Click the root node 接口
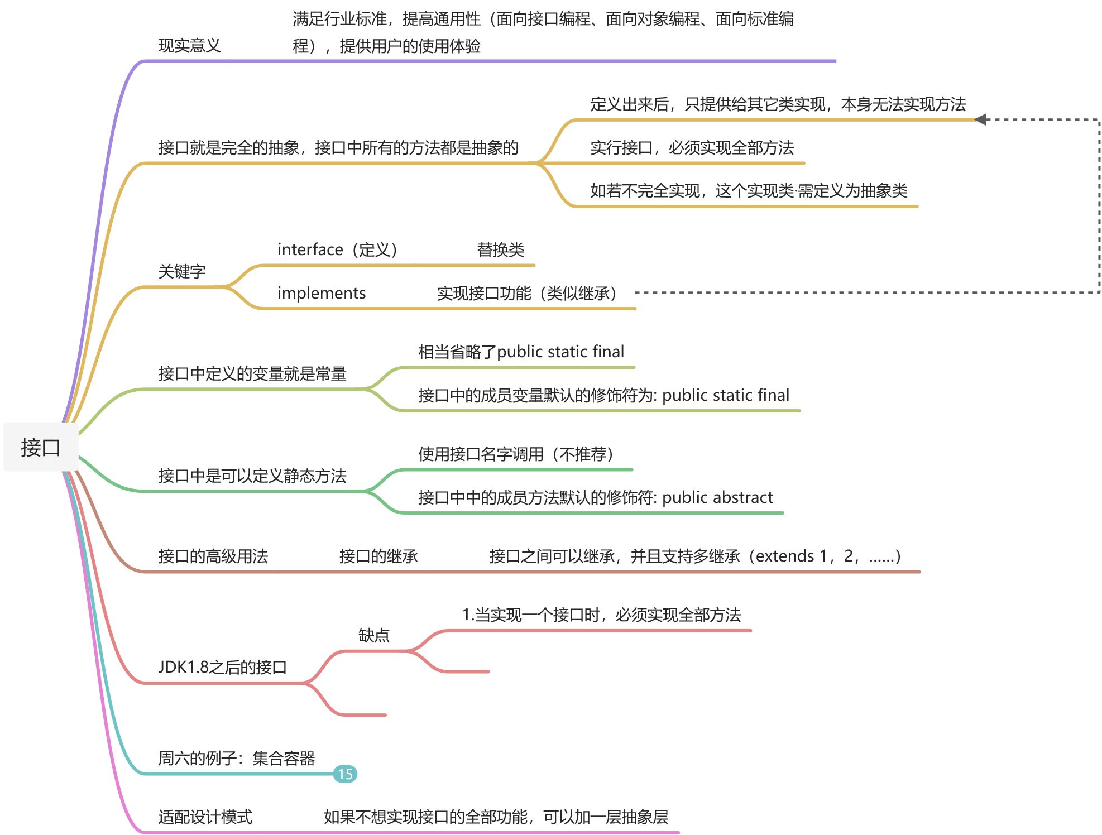[40, 447]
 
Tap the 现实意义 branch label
[189, 46]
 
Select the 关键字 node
[182, 272]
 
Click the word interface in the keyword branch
[310, 249]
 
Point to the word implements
[321, 293]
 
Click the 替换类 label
[500, 249]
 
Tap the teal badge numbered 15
[345, 774]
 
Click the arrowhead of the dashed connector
[980, 119]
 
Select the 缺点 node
[373, 635]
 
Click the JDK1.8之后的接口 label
[222, 667]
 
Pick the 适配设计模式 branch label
[205, 817]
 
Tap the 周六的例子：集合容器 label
[236, 758]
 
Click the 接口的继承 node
[378, 556]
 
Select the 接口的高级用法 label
[213, 556]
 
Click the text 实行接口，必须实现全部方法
[692, 148]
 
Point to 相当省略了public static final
[521, 352]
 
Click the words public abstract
[717, 497]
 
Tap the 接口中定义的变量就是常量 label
[252, 373]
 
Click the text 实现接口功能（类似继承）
[526, 293]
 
